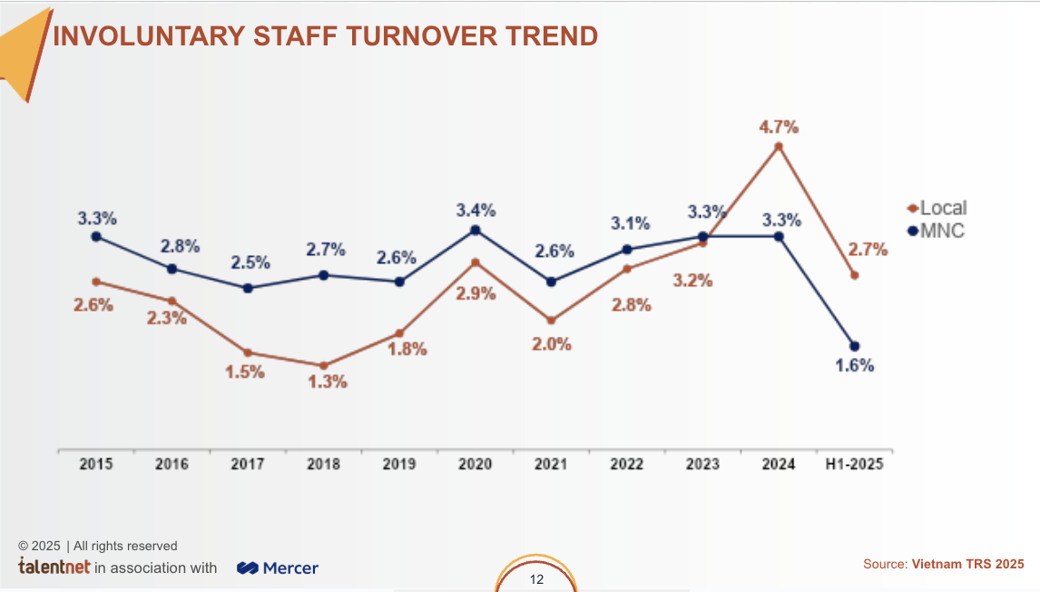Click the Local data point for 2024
[x=778, y=146]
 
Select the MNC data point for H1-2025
[x=854, y=346]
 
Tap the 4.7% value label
[x=779, y=126]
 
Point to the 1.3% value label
[x=328, y=382]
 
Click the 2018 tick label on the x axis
[x=323, y=464]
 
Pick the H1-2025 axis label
[x=853, y=464]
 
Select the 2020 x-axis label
[x=475, y=464]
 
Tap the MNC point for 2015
[x=96, y=236]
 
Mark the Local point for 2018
[x=323, y=366]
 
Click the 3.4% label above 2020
[x=476, y=211]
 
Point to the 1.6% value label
[x=854, y=366]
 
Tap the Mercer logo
[x=278, y=568]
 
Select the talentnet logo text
[x=54, y=567]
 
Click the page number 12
[x=536, y=579]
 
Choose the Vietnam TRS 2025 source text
[x=967, y=565]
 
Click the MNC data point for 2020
[x=475, y=231]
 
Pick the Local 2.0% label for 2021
[x=552, y=344]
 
